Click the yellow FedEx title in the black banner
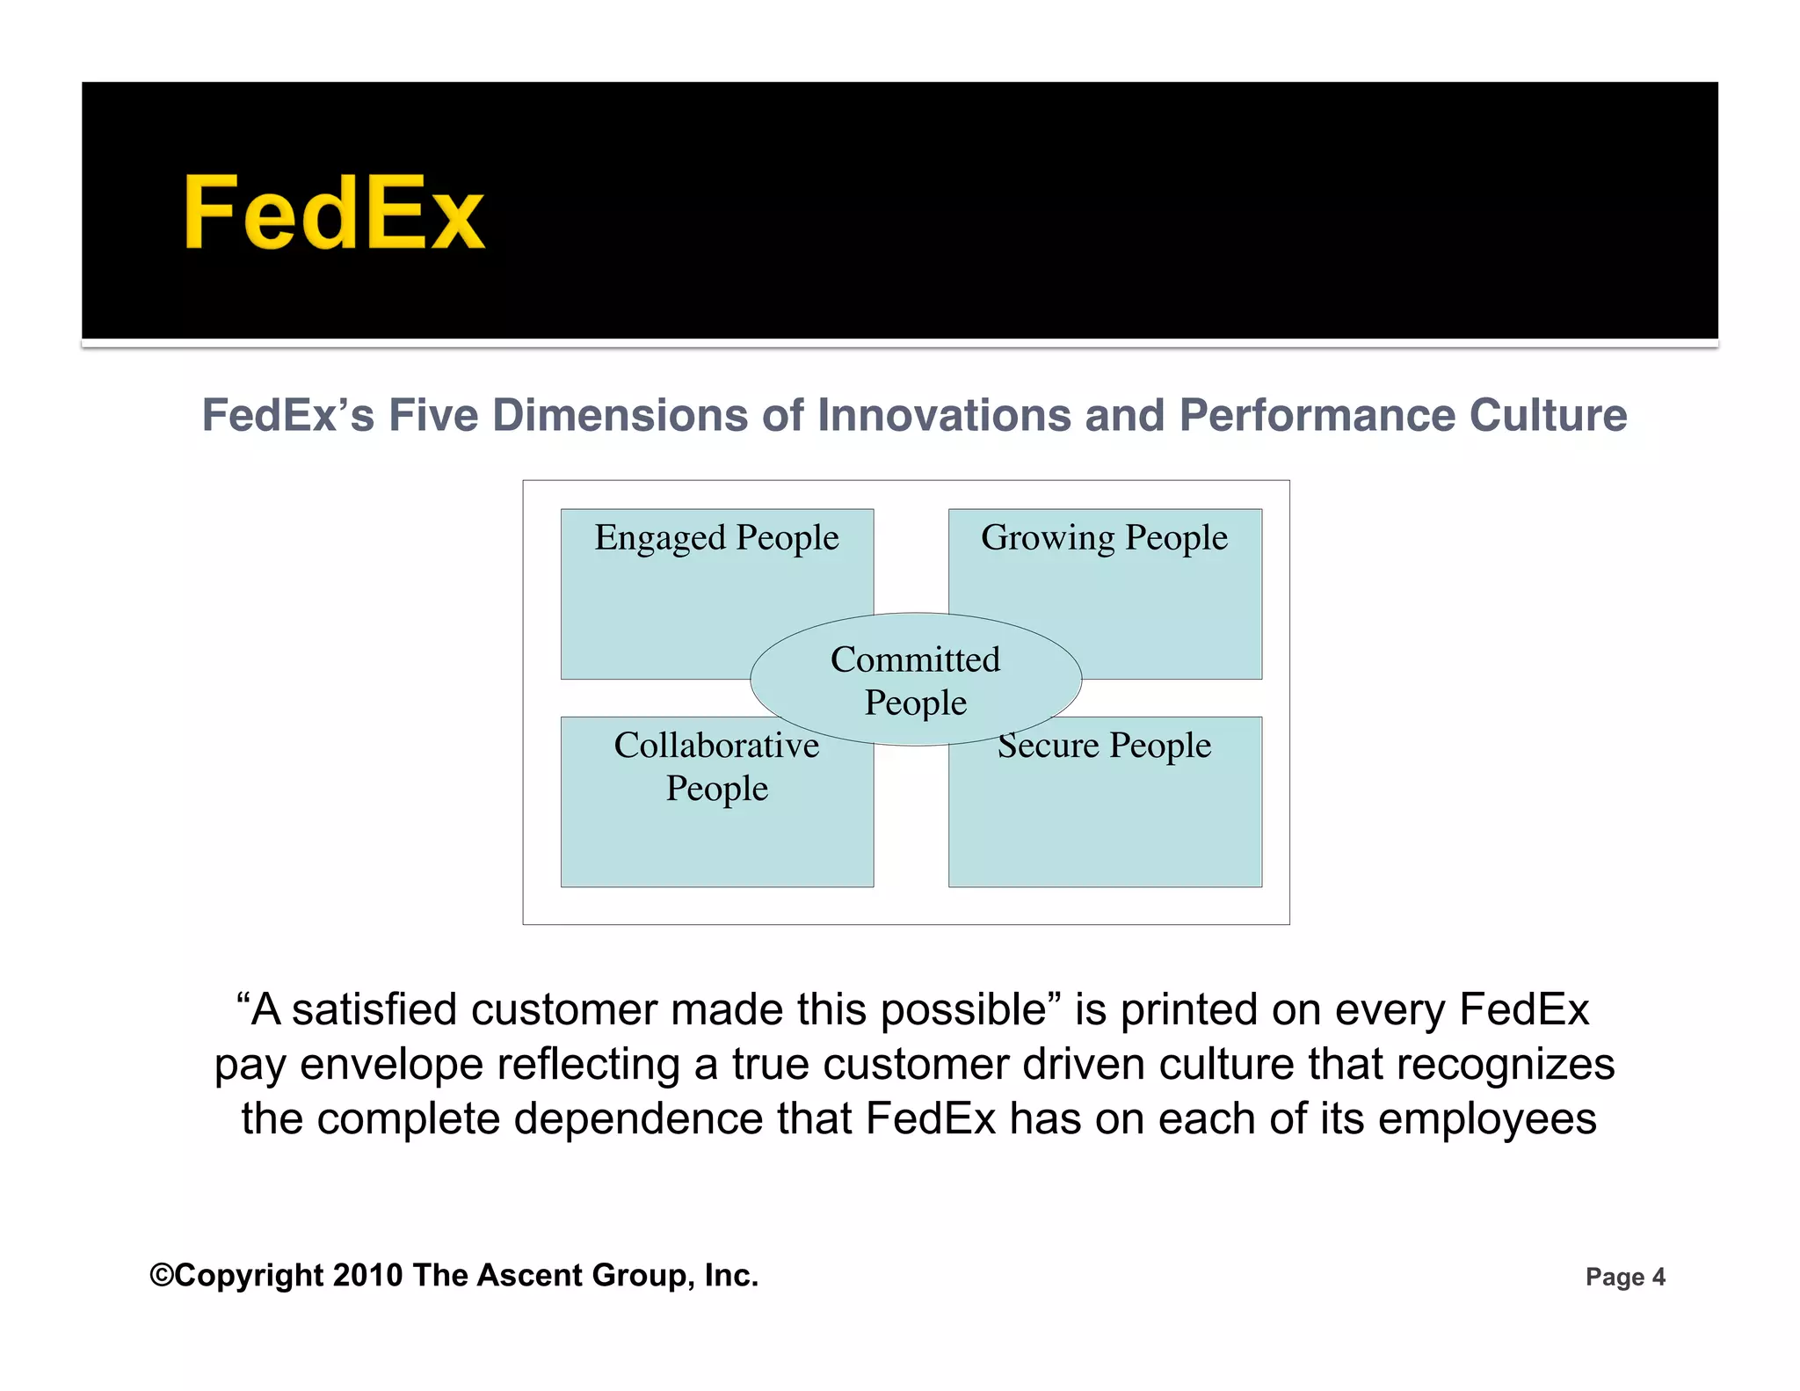[333, 214]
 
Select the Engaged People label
[716, 538]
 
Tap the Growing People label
[1104, 538]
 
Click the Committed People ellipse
[915, 680]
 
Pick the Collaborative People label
[716, 767]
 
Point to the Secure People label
[1105, 746]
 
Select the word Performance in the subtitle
[1317, 415]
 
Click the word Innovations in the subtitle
[945, 415]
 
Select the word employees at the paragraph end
[1487, 1119]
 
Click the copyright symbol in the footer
[162, 1275]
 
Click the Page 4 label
[1625, 1277]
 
